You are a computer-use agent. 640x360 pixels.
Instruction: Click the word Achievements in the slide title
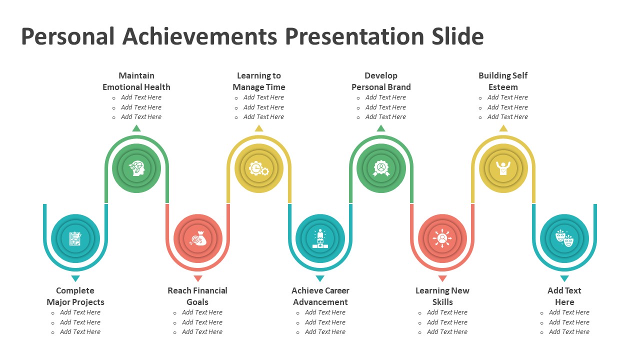pos(199,36)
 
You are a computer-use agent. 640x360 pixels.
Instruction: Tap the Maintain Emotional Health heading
pos(136,81)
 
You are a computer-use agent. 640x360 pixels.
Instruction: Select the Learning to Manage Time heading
pos(259,81)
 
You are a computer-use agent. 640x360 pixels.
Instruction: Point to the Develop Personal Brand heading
pos(381,81)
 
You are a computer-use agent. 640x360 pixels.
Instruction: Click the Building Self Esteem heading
pos(503,81)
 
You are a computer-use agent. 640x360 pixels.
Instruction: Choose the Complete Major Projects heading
pos(75,296)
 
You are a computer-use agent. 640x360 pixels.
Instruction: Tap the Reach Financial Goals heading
pos(197,296)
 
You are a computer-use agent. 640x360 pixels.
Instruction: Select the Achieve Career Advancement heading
pos(320,296)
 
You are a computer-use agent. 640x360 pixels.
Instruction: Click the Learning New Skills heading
pos(442,296)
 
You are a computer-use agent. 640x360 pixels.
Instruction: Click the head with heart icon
pos(137,168)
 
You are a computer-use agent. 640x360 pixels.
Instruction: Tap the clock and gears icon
pos(259,168)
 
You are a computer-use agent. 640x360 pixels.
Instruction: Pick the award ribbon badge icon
pos(381,168)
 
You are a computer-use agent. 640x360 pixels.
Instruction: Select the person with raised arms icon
pos(503,168)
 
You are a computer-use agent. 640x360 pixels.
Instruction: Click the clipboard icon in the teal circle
pos(75,238)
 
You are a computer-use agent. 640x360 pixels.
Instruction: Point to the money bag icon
pos(197,238)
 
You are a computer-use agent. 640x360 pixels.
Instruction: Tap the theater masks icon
pos(564,238)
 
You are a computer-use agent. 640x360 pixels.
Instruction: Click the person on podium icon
pos(320,238)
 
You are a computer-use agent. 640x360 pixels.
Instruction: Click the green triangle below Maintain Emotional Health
pos(136,128)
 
